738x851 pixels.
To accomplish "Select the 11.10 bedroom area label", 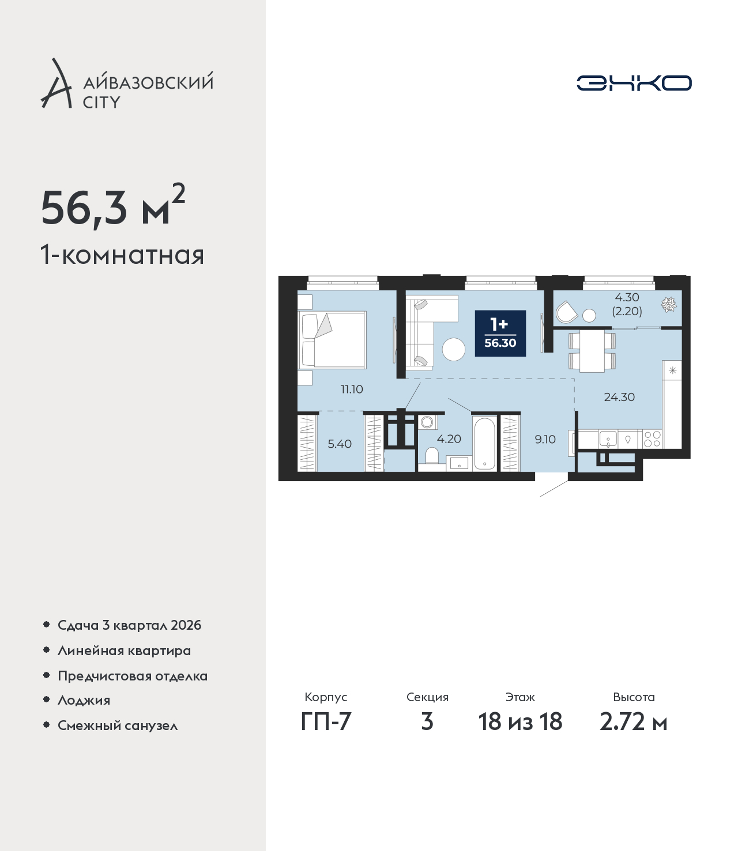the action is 352,389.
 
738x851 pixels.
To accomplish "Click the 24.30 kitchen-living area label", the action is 619,397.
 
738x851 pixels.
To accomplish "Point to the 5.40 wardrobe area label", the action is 340,444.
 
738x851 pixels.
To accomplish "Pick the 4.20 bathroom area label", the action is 449,439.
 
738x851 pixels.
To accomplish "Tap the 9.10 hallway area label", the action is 545,439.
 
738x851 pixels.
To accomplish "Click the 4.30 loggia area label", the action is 627,297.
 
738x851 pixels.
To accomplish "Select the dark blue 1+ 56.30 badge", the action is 500,333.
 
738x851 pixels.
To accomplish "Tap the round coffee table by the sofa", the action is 454,349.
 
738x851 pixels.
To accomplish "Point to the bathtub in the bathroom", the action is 484,444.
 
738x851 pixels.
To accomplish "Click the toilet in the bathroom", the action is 431,456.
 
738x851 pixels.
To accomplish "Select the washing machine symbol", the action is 427,422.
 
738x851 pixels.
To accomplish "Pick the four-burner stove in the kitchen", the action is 652,439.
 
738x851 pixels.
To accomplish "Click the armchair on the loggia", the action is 566,312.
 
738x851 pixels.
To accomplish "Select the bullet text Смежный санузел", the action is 118,725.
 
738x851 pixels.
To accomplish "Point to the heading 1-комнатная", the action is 122,255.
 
